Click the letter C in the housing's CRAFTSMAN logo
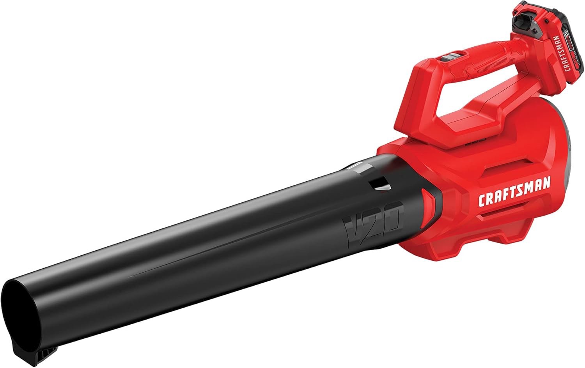tap(482, 200)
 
